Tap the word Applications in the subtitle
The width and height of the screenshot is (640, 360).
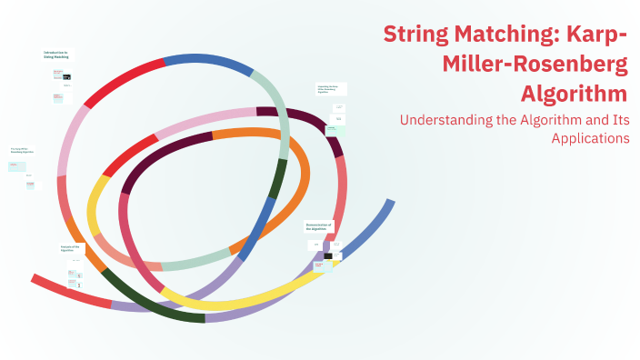pos(590,138)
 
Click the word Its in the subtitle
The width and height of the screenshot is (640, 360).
pos(616,119)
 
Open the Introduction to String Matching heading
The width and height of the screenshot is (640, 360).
pos(55,55)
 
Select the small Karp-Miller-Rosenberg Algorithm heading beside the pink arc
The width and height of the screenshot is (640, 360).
pos(23,150)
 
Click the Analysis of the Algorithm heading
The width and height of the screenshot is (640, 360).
pos(71,248)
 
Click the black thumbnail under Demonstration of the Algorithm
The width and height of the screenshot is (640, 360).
pos(328,255)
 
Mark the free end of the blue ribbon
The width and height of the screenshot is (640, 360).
pos(390,203)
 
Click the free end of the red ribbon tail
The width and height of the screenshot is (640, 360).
pos(35,278)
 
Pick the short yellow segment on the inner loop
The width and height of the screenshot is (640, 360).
pos(94,208)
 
